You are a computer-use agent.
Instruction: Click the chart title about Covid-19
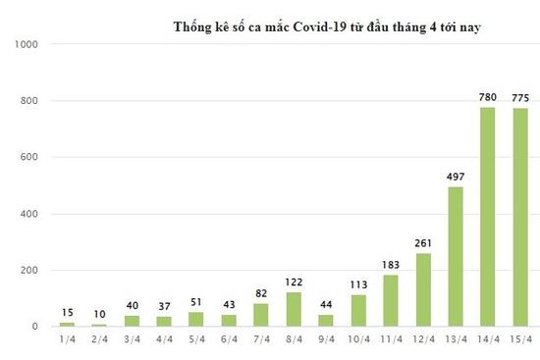(332, 26)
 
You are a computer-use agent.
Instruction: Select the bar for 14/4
(487, 217)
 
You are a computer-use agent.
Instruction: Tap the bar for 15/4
(519, 218)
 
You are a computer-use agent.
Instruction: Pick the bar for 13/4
(455, 256)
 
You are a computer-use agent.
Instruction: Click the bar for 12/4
(423, 289)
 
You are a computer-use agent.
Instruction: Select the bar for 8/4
(294, 309)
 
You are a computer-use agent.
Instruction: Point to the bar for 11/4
(390, 300)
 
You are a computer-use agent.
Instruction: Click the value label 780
(487, 97)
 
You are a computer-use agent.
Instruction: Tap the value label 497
(455, 177)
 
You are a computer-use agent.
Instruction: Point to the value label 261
(423, 243)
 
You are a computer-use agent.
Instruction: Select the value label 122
(294, 283)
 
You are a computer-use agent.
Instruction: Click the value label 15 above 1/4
(67, 312)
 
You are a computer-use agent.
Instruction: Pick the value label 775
(520, 98)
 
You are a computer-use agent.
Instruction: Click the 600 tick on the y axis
(28, 158)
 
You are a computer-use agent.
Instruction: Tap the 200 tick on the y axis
(28, 271)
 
